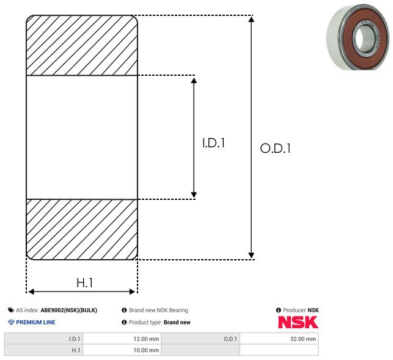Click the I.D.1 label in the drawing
tap(213, 143)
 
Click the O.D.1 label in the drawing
tap(275, 148)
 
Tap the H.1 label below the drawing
tap(84, 283)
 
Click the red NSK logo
tap(298, 322)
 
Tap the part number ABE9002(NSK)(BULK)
tap(69, 310)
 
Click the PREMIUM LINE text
tap(35, 322)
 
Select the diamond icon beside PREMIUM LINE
tap(11, 322)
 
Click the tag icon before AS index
tap(11, 310)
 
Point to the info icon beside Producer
tap(278, 310)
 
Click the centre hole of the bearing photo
tap(363, 37)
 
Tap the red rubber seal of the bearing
tap(348, 38)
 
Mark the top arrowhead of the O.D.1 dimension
tap(251, 19)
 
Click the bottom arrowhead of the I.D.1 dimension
tap(194, 194)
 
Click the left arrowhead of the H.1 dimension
tap(31, 292)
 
